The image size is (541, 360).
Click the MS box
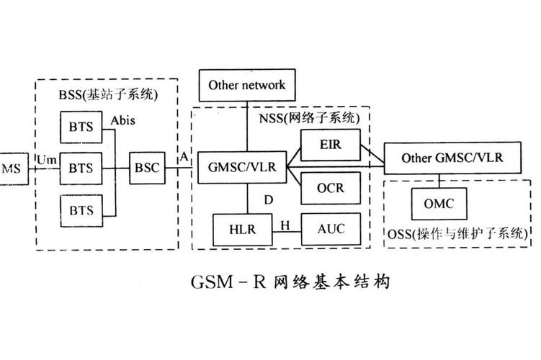click(12, 168)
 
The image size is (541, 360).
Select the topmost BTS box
click(81, 127)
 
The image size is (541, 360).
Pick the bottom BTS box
click(81, 210)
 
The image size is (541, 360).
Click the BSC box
click(147, 168)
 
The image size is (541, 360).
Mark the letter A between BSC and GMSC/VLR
click(185, 157)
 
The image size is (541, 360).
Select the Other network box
click(247, 85)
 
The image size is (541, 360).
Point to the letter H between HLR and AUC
click(285, 225)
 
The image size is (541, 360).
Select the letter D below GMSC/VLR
click(268, 199)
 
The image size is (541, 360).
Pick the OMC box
click(439, 204)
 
